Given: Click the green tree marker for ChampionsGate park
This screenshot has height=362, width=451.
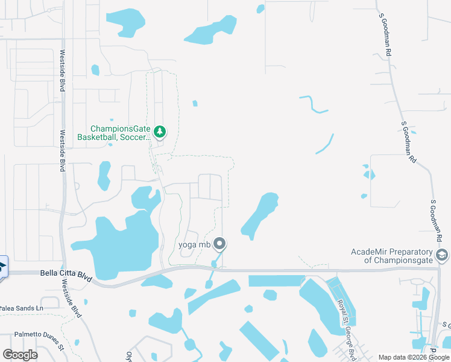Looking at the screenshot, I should coord(160,131).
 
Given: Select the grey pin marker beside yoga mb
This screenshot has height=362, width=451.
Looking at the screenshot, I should coord(220,244).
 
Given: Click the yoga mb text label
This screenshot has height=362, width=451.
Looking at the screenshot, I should coord(195,244).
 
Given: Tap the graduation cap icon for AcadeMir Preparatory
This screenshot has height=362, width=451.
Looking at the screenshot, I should coord(442,255).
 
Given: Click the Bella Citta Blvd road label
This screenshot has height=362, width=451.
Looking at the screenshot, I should coord(66,274).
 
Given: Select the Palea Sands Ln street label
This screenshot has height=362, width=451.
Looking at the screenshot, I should coord(22,308).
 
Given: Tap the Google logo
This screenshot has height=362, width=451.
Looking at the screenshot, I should coord(20,355).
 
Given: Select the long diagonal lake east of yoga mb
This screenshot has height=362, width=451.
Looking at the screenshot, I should coord(260,214).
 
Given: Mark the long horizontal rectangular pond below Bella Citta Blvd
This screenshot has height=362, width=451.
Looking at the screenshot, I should coord(276,281).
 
